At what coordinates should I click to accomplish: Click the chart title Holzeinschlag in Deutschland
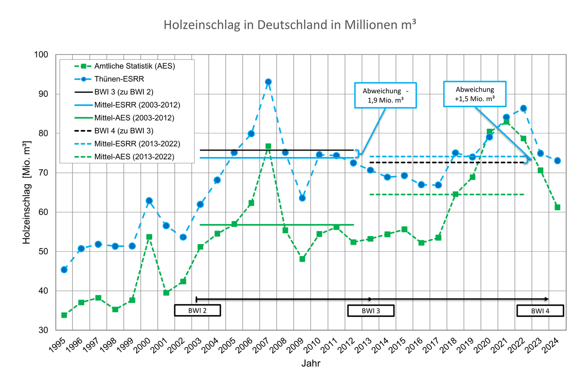tap(289, 25)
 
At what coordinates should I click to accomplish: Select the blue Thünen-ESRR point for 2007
tap(268, 82)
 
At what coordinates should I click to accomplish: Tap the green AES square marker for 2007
tap(268, 146)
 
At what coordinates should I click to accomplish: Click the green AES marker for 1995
tap(64, 315)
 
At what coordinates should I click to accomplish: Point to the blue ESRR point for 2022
tap(523, 108)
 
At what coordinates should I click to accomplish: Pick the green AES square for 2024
tap(557, 207)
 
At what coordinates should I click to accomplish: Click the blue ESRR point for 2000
tap(149, 201)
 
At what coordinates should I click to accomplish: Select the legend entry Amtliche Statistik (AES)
tap(134, 66)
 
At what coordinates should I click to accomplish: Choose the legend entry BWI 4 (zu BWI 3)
tap(124, 131)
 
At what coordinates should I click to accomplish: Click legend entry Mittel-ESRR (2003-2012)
tap(137, 105)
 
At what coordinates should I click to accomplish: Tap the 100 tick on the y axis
tap(41, 55)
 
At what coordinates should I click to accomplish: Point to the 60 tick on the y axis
tap(43, 212)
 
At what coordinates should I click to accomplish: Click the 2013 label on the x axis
tap(364, 345)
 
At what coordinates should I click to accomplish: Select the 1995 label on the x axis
tap(57, 345)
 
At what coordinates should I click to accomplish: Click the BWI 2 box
tap(197, 311)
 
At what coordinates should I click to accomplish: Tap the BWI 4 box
tap(540, 311)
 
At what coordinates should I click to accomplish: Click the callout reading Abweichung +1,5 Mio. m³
tap(474, 94)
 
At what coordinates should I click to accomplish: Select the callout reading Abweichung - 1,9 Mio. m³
tap(385, 95)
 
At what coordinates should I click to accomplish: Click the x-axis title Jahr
tap(311, 363)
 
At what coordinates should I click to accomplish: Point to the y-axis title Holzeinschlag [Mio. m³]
tap(27, 192)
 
